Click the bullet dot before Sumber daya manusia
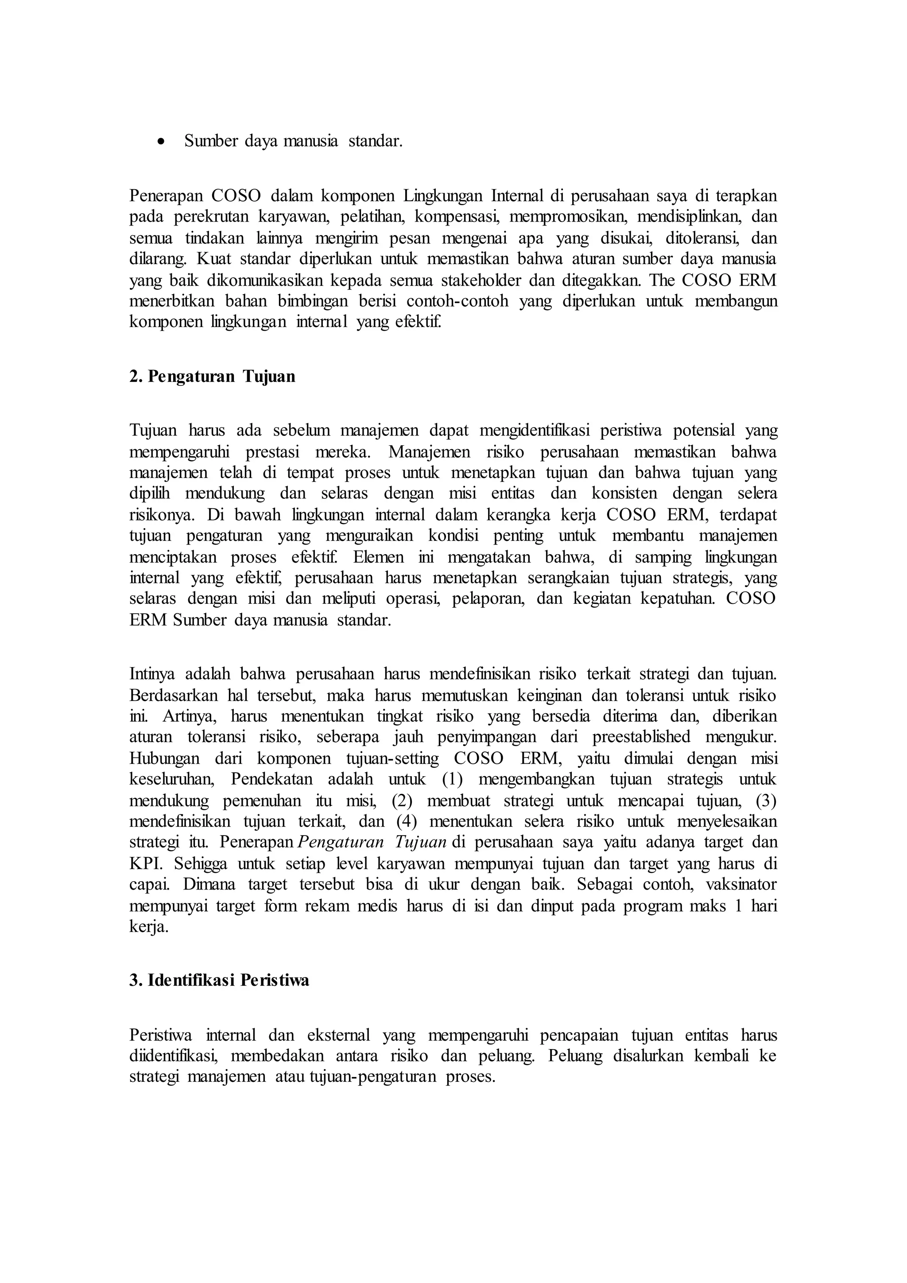click(161, 142)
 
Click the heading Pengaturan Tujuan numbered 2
click(212, 377)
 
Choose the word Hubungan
click(164, 758)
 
